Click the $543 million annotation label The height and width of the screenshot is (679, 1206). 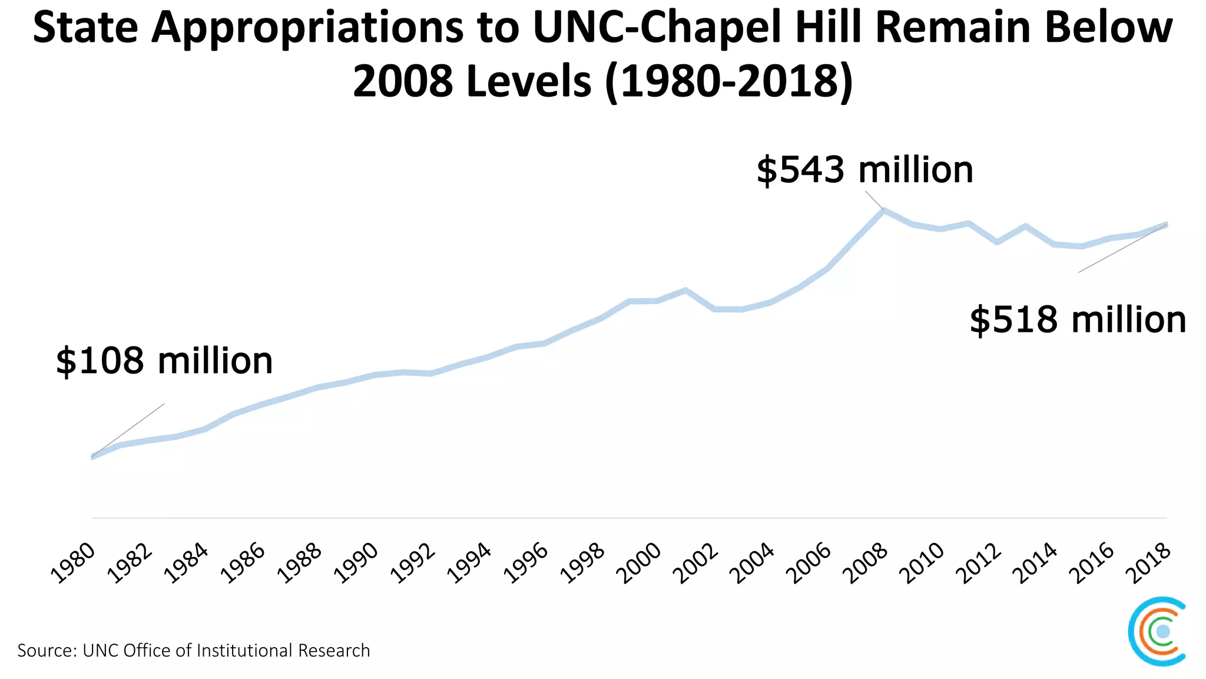pos(864,170)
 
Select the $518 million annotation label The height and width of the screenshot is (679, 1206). pos(1078,320)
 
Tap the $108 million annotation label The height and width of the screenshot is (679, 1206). pos(164,361)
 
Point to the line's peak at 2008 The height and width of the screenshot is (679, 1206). pos(883,210)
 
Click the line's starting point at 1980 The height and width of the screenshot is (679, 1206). pos(92,456)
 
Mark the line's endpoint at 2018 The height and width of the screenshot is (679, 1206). pos(1167,224)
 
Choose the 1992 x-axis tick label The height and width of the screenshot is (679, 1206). pos(413,563)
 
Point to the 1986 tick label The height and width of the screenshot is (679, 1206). pos(243,563)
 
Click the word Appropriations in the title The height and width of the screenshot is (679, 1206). pos(306,28)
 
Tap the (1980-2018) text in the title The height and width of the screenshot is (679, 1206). pos(729,81)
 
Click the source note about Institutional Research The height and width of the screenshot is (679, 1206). pos(194,651)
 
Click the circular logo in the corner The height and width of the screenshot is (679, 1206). pos(1157,631)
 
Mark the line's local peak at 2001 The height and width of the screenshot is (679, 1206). pos(685,290)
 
